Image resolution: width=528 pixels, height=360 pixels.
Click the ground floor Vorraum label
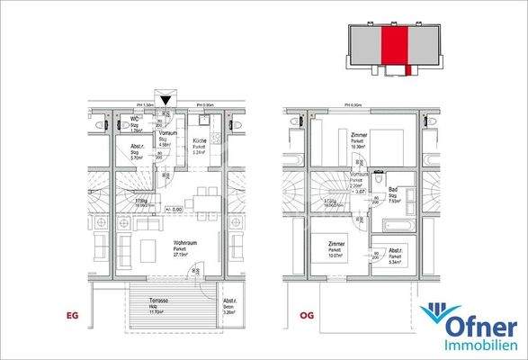click(x=167, y=133)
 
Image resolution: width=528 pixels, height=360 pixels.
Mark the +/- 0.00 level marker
click(x=176, y=209)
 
